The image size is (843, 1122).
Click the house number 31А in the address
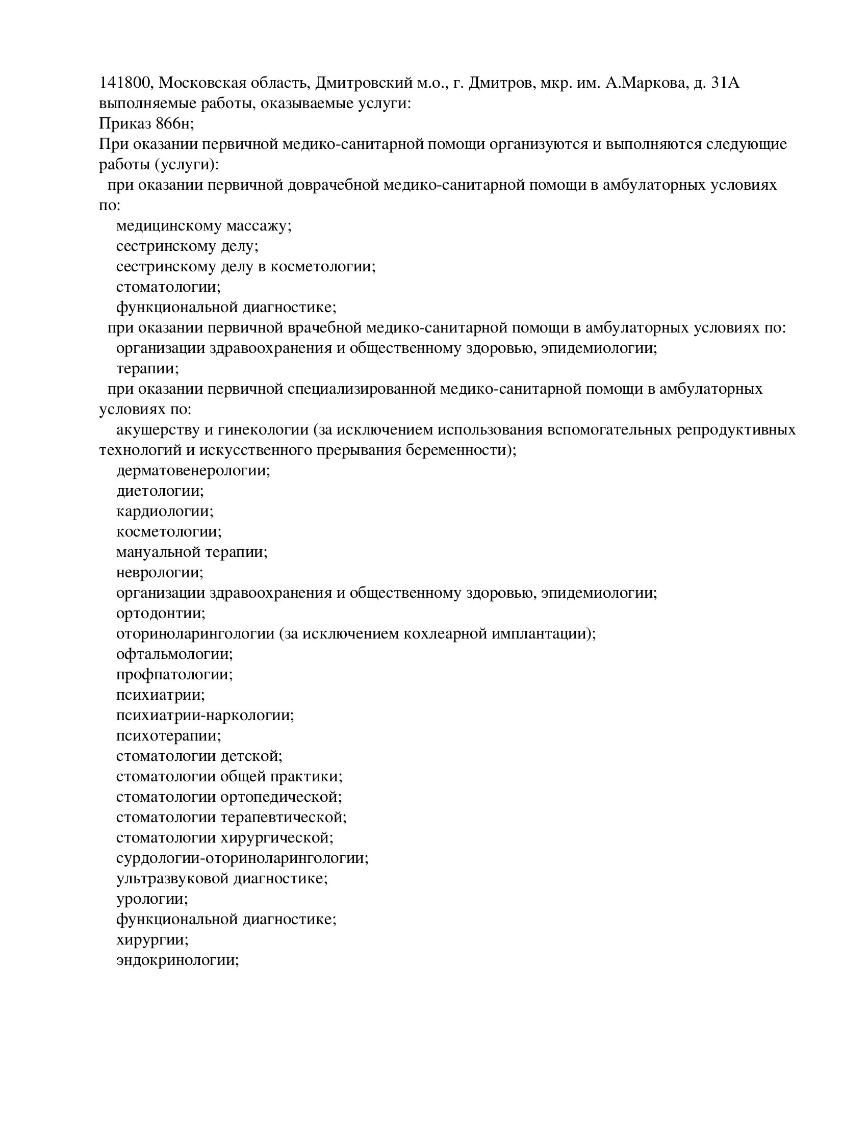point(724,83)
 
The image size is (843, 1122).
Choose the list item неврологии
point(160,572)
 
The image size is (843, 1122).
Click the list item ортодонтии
point(161,613)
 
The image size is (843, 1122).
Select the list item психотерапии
point(169,735)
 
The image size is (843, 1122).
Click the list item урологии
point(152,899)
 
